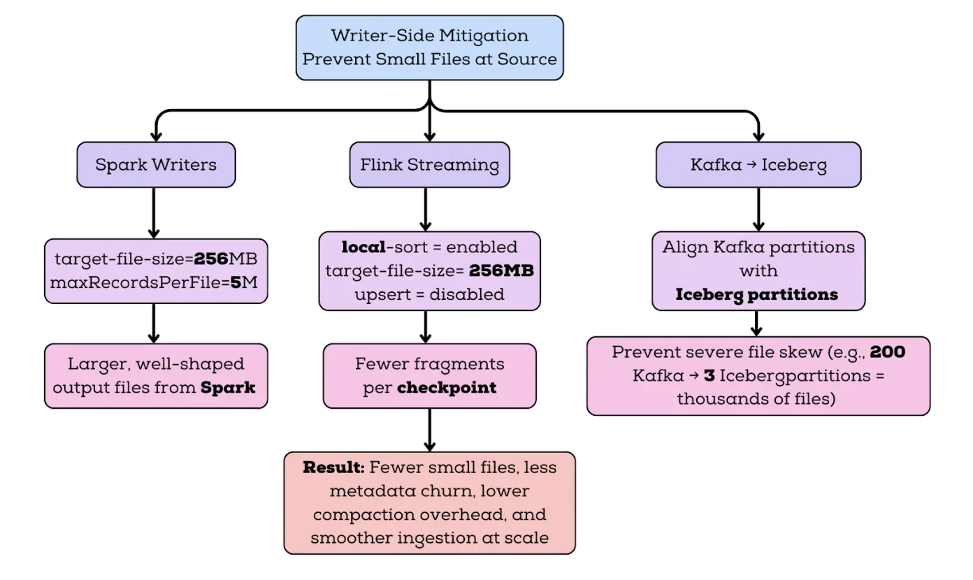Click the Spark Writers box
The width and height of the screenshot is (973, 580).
pos(156,165)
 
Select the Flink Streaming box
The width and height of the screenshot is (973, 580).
pos(429,165)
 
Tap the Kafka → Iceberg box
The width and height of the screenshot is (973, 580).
pos(758,165)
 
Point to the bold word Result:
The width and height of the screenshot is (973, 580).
pos(335,467)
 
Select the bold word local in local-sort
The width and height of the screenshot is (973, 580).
pos(363,247)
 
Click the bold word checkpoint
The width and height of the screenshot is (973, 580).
pos(447,388)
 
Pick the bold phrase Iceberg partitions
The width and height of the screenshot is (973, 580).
pos(757,294)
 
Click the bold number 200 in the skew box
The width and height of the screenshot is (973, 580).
pos(888,351)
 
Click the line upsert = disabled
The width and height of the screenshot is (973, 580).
pos(429,294)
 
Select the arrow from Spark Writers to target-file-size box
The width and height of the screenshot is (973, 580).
pos(154,212)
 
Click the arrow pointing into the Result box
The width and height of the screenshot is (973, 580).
pos(429,429)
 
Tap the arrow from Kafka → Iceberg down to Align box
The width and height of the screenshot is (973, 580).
pos(758,210)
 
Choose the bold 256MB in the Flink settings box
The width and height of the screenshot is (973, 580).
pos(500,270)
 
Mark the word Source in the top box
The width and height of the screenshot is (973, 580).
pos(527,58)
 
